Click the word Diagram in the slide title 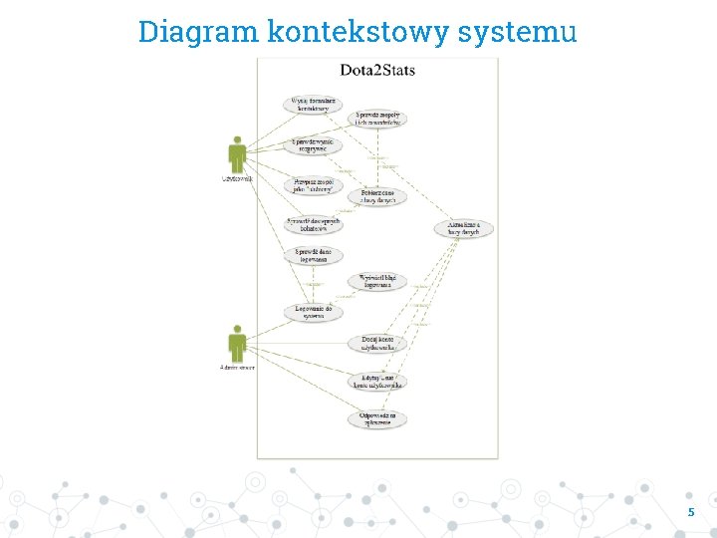click(x=198, y=32)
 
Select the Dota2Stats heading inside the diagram click(x=377, y=70)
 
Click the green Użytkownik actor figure click(x=237, y=153)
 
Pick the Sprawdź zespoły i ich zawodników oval click(x=377, y=119)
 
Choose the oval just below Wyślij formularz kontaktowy click(x=315, y=144)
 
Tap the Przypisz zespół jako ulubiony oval click(x=315, y=184)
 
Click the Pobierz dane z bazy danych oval click(x=377, y=197)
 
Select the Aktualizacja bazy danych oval click(x=463, y=228)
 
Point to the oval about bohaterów click(x=314, y=224)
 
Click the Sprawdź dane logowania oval click(x=314, y=255)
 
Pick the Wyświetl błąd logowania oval click(x=377, y=282)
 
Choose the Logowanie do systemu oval click(x=314, y=312)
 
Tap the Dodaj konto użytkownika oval click(x=377, y=344)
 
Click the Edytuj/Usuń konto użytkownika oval click(x=377, y=381)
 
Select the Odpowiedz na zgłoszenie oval click(x=377, y=418)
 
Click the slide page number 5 click(x=690, y=512)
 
